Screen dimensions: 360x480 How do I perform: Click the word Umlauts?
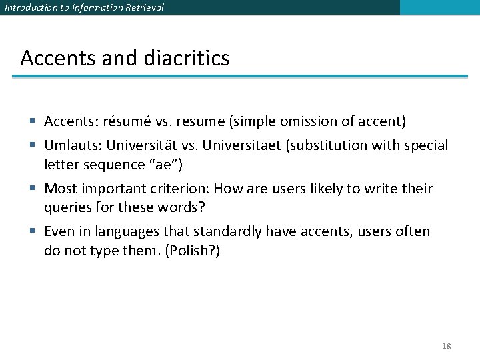[69, 145]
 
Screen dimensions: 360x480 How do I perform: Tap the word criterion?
[180, 189]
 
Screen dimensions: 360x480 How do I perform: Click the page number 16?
[447, 347]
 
